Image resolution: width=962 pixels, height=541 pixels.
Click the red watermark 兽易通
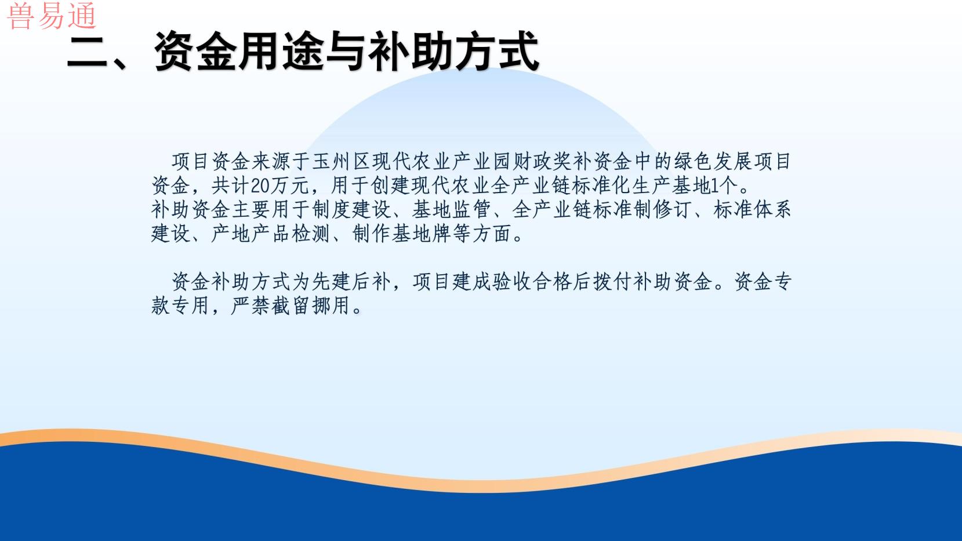click(52, 16)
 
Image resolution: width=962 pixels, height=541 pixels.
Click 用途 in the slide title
click(281, 51)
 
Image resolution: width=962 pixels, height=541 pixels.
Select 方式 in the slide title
click(496, 51)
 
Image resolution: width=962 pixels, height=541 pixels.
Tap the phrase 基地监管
click(451, 210)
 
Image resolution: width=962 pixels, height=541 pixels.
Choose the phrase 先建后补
click(352, 282)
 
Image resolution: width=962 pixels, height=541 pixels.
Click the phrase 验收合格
click(532, 282)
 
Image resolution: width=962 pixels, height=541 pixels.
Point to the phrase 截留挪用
click(310, 306)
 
